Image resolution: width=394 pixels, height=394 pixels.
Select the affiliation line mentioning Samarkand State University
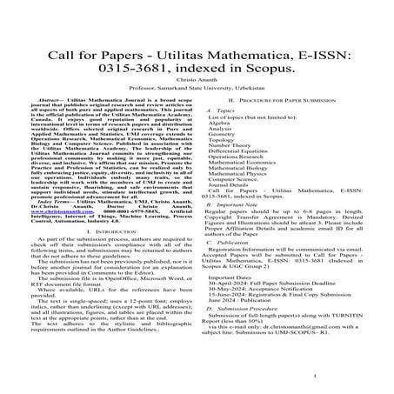tap(197, 88)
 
